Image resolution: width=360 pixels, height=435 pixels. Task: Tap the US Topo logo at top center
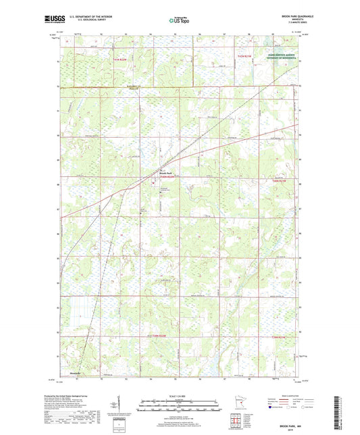178,20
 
